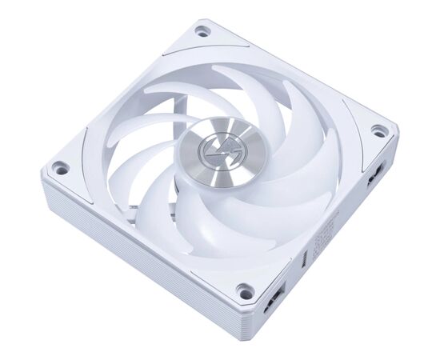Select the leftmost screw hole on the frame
point(58,169)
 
